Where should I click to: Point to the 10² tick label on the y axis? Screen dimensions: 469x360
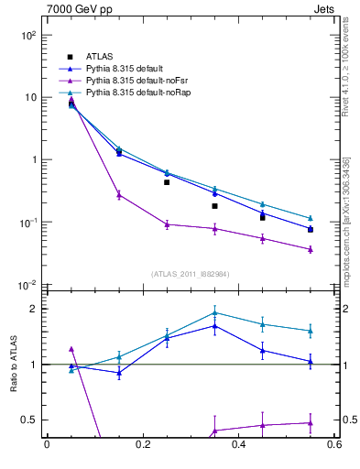[27, 35]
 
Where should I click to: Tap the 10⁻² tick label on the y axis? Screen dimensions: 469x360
[27, 285]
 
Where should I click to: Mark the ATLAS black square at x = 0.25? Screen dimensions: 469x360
[167, 182]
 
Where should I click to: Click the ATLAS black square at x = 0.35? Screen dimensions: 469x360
[214, 206]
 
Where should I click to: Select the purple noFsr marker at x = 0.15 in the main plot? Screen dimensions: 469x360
[119, 194]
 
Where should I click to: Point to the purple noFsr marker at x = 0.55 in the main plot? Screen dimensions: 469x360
[311, 249]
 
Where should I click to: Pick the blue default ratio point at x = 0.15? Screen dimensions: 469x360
[119, 373]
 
